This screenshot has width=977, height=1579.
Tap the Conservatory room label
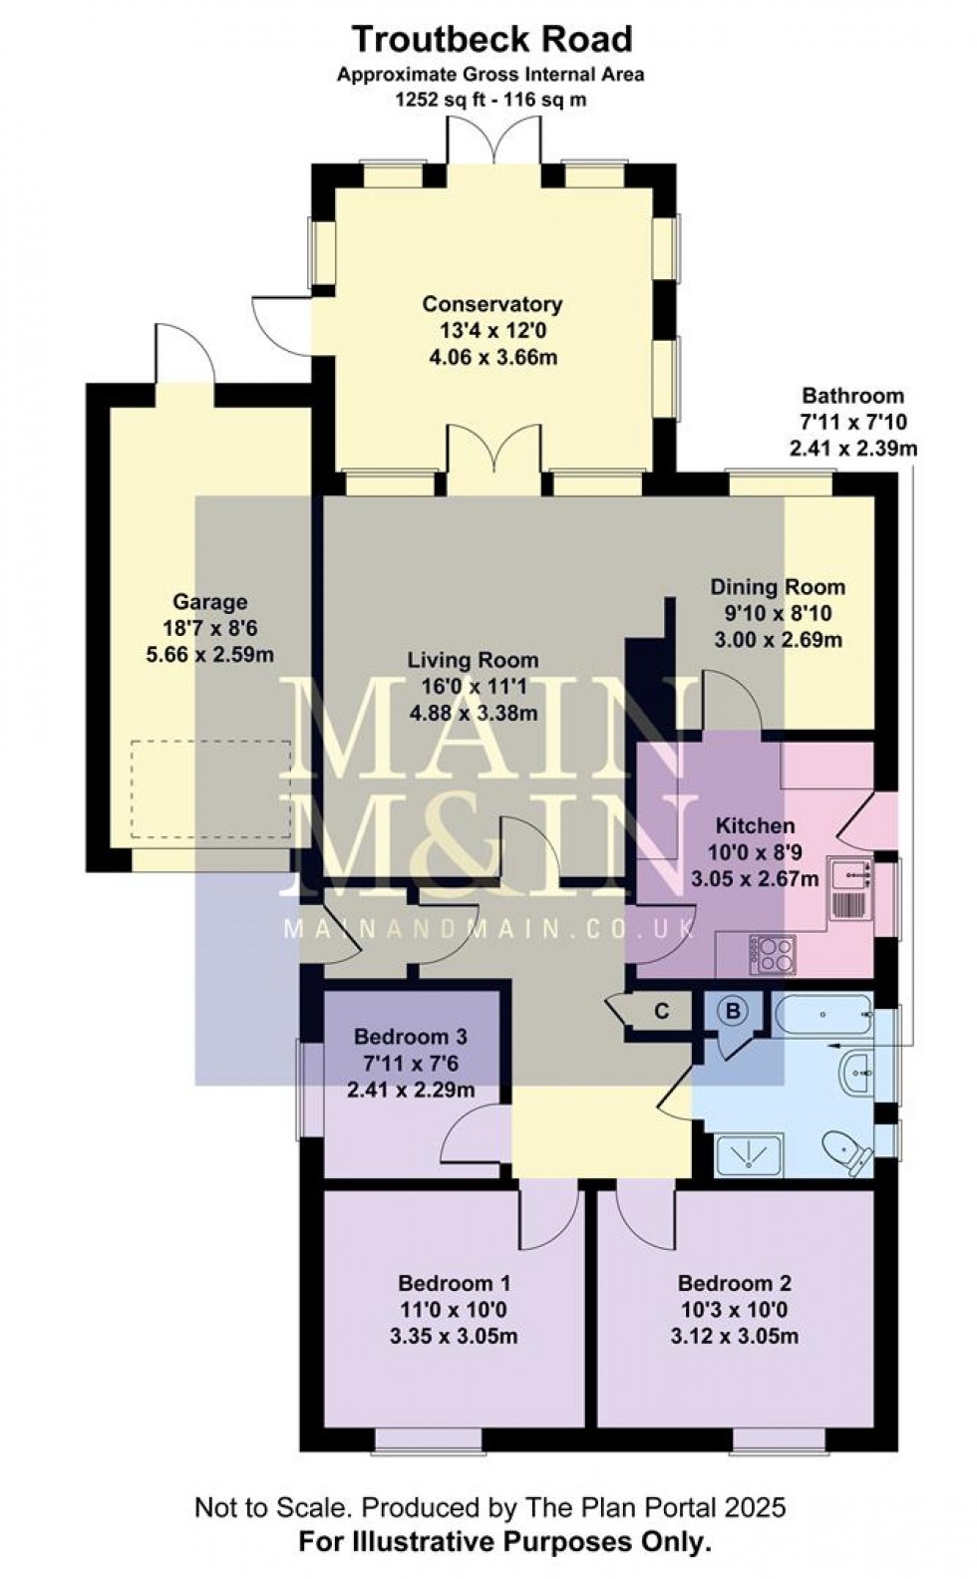[491, 304]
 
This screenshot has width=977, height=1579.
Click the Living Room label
[473, 660]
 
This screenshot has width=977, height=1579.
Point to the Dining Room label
[778, 587]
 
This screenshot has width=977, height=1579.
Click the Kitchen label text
[756, 826]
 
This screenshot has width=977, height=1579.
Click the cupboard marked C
[661, 1012]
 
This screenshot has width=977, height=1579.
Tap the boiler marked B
[734, 1012]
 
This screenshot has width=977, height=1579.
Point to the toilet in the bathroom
[849, 1153]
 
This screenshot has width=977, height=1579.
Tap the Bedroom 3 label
[410, 1038]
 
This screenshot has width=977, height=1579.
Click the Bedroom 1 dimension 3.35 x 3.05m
[454, 1337]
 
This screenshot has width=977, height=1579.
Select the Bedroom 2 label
[735, 1283]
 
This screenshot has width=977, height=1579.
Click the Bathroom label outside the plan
[852, 396]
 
